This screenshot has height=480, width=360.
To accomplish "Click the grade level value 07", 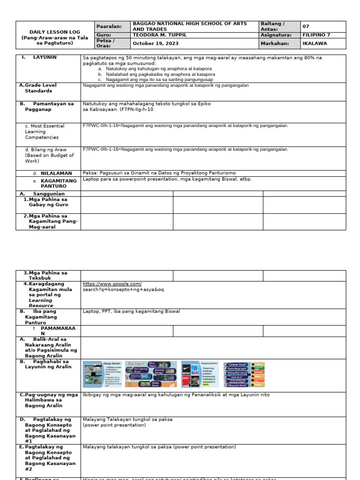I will point(306,26).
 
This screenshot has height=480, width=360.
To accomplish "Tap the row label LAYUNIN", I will point(45,57).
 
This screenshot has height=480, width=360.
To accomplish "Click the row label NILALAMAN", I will point(56,173).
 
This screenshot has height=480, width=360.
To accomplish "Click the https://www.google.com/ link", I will point(112,284).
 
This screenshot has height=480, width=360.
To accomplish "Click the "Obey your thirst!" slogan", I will point(238,384).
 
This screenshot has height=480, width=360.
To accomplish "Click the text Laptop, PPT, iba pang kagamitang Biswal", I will point(131,311).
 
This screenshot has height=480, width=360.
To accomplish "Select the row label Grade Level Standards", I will point(38,88).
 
